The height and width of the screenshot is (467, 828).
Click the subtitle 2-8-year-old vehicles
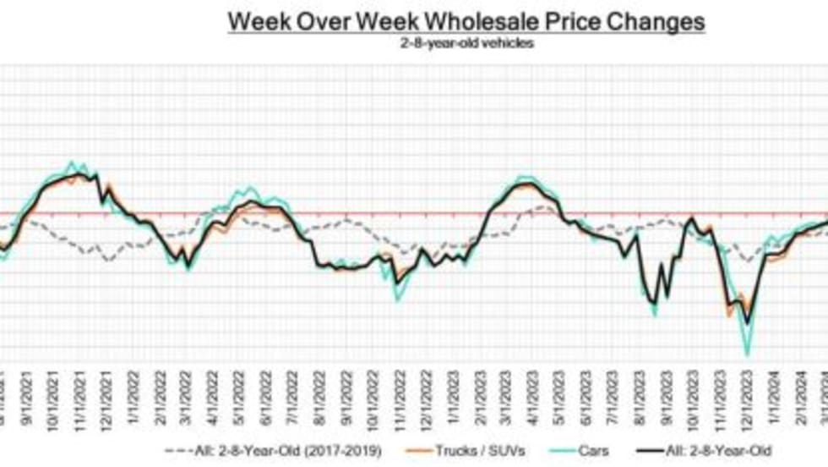pos(466,42)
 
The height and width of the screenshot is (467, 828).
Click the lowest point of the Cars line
pos(747,354)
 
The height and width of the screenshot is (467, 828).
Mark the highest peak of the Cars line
pos(73,162)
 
